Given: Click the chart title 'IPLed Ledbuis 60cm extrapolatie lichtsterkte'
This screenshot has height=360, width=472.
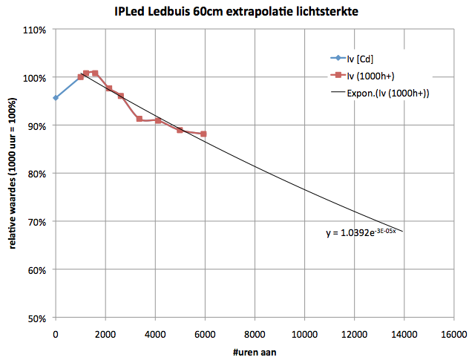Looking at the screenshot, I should (x=236, y=13).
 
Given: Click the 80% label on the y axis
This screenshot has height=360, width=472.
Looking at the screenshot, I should (x=36, y=174).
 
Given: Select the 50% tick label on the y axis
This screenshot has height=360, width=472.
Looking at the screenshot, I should (x=36, y=318).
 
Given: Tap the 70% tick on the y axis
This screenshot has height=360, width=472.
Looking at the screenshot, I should (x=36, y=222).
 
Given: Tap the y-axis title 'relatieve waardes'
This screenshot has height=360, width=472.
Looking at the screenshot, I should (x=13, y=175).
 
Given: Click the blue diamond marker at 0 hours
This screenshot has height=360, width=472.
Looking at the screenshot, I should (x=56, y=98).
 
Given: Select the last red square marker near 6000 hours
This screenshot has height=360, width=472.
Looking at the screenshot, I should (x=203, y=134).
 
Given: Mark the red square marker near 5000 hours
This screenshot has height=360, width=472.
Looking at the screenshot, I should (x=180, y=130).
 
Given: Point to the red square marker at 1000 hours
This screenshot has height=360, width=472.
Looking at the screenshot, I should (x=81, y=77).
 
